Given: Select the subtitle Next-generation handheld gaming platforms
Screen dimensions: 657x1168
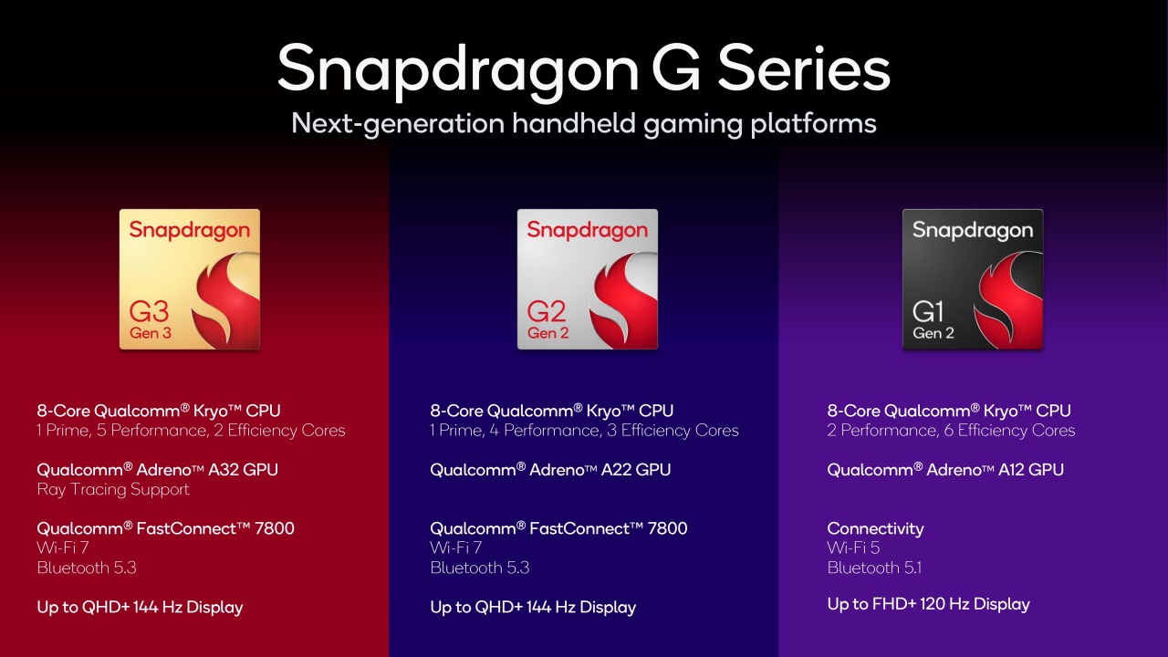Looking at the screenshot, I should click(584, 123).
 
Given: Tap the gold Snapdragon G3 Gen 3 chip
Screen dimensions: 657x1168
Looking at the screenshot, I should click(190, 279).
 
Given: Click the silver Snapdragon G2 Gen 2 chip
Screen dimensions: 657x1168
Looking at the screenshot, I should click(588, 279).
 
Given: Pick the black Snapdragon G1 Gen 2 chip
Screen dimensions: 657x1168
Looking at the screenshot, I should click(973, 279).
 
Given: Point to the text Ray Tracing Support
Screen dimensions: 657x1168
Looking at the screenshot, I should click(113, 490).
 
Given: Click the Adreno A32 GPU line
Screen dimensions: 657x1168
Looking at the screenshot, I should click(157, 470).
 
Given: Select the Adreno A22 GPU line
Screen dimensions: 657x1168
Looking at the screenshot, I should click(550, 470).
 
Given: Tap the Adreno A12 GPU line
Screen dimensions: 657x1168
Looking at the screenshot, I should click(945, 470).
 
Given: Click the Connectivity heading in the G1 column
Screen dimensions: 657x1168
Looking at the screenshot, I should click(875, 529).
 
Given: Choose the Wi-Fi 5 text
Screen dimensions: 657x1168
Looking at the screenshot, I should click(854, 548).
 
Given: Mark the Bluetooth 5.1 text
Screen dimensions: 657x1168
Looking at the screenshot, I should click(874, 568).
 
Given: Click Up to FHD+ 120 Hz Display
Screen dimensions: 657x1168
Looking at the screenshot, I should click(928, 604).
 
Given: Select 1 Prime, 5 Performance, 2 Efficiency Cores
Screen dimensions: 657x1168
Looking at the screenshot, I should click(191, 431).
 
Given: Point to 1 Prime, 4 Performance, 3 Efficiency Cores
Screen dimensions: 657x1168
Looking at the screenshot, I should click(584, 431).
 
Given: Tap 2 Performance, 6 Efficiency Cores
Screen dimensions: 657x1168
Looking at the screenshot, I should click(951, 431).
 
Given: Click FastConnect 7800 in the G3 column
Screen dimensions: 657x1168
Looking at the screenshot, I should click(165, 529).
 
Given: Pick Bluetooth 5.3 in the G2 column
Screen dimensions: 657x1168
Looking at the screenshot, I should click(480, 568).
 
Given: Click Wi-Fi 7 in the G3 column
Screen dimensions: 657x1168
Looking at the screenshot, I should click(63, 548).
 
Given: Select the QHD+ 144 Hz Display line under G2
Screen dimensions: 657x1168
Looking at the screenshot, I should click(533, 608).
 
